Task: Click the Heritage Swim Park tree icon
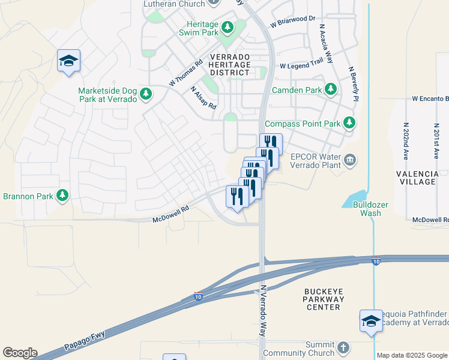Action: point(228,27)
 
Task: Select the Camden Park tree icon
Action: point(330,89)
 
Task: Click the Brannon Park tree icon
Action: point(62,195)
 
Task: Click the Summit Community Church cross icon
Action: point(343,347)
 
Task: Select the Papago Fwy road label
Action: point(85,338)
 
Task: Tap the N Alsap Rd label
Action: point(203,97)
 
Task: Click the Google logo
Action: point(20,353)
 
